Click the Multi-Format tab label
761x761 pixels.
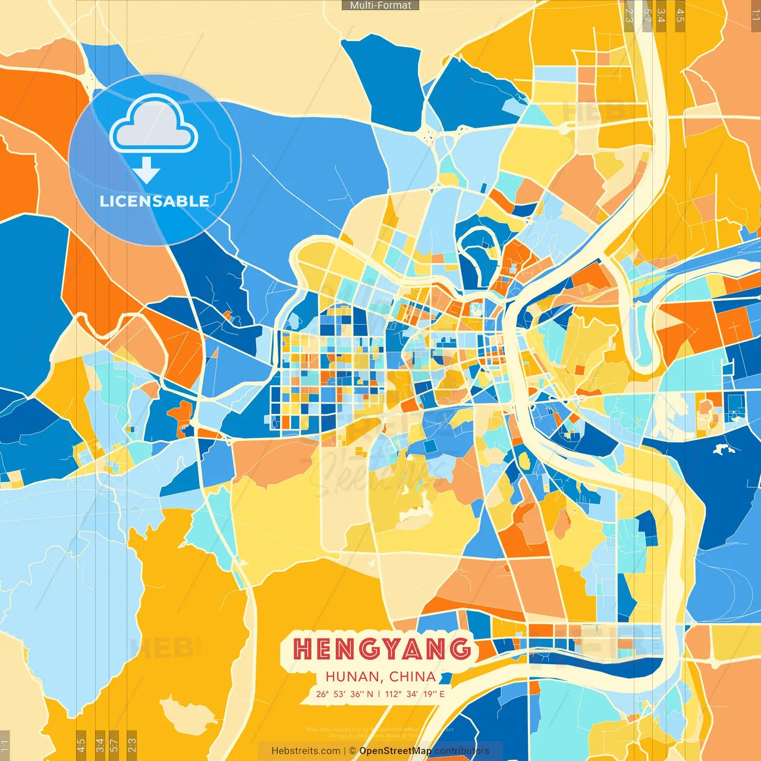point(380,5)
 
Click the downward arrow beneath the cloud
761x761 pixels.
point(146,171)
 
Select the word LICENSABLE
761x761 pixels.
point(154,201)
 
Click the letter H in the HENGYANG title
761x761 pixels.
point(303,649)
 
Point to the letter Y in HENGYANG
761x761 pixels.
point(392,649)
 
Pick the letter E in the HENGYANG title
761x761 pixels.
point(325,649)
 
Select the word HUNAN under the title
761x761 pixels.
point(353,677)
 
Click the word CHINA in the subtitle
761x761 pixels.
point(413,677)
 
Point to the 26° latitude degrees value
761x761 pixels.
point(322,694)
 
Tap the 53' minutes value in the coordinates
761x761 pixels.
point(339,694)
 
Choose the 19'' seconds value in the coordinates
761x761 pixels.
point(430,694)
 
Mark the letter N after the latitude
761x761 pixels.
point(370,694)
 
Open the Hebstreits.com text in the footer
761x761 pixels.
point(306,751)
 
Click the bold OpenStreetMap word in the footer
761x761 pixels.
point(395,751)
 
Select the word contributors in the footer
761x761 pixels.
point(462,751)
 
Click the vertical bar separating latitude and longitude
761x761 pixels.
point(379,694)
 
